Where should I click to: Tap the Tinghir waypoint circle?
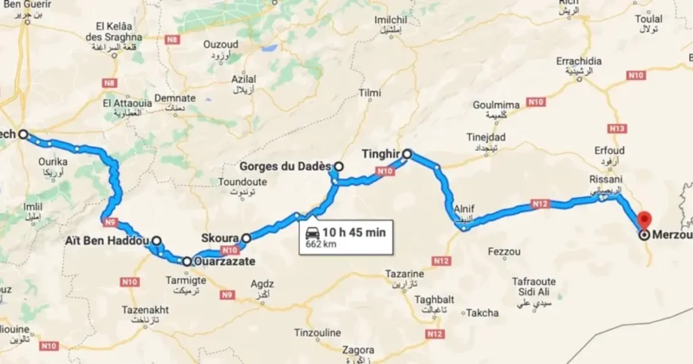point(407,154)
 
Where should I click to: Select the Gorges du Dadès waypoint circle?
point(338,166)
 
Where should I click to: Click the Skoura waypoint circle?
point(247,237)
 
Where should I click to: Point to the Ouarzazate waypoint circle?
point(186,260)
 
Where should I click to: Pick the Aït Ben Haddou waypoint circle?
point(156,240)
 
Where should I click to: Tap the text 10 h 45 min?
point(354,233)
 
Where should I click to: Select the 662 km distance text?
point(321,244)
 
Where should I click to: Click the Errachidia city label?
point(579,62)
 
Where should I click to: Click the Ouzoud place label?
point(221,45)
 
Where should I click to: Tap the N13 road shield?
point(617,129)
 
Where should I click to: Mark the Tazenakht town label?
point(145,310)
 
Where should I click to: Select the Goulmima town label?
point(496,105)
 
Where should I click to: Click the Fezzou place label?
point(504,252)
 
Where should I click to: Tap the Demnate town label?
point(175,98)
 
